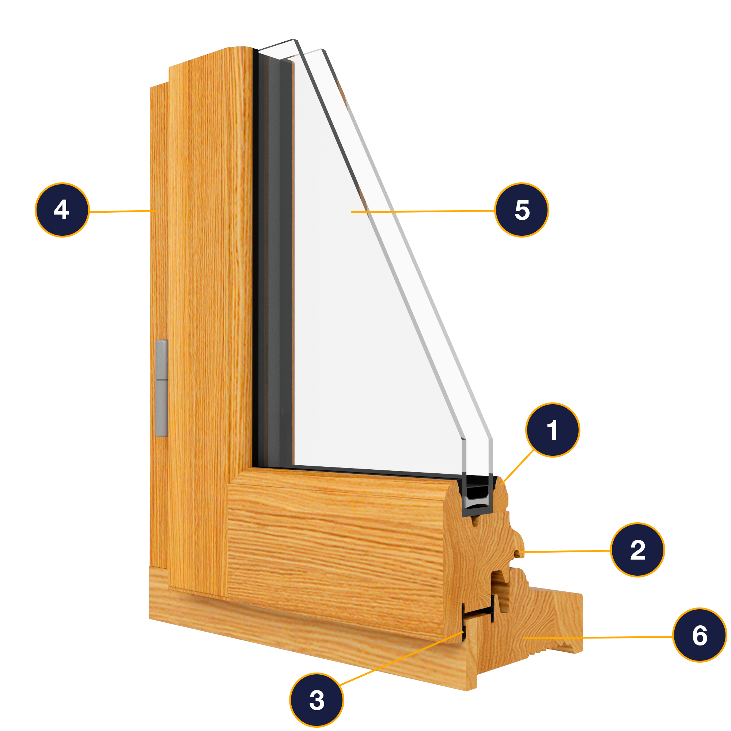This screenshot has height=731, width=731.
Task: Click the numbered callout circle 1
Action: [x=552, y=430]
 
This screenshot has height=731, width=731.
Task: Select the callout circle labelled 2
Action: [x=637, y=550]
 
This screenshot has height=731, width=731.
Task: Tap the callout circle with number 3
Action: [x=317, y=700]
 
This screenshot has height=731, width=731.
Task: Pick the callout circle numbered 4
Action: [x=62, y=210]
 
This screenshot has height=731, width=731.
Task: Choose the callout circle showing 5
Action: [x=522, y=210]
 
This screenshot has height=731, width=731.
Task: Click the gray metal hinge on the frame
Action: [x=162, y=388]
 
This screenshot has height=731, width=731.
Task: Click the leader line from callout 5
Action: [x=423, y=212]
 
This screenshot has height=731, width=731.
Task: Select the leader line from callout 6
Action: [x=598, y=637]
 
